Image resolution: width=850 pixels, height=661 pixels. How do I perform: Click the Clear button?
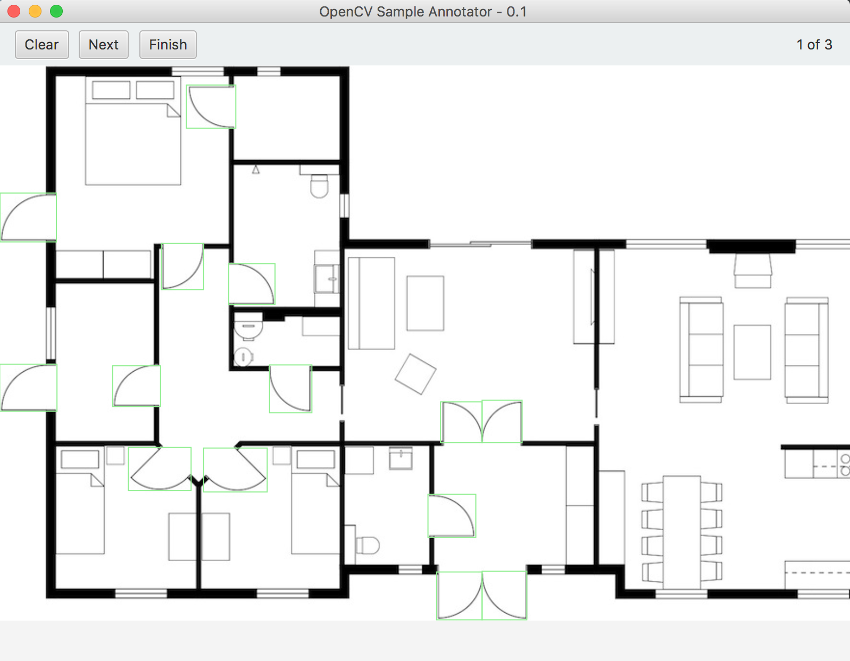coord(42,45)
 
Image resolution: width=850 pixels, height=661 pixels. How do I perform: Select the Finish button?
coord(168,45)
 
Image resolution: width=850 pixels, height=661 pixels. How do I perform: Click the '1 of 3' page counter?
coord(814,45)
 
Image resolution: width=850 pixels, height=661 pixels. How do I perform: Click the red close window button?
coord(14,11)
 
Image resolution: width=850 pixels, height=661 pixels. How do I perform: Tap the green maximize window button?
coord(56,11)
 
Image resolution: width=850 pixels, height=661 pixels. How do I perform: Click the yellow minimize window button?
coord(35,11)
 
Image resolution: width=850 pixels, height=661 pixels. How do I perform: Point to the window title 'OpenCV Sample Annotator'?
coord(405,12)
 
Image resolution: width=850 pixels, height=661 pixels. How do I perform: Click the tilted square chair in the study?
coord(415,374)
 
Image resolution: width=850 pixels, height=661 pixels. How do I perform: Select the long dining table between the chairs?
coord(682,532)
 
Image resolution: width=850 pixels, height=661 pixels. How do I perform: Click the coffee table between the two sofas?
coord(752,352)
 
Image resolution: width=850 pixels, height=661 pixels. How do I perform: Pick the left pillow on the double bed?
coord(111,90)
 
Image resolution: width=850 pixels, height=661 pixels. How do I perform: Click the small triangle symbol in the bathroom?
coord(256,170)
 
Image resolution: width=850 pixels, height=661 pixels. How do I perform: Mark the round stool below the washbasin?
coord(243,357)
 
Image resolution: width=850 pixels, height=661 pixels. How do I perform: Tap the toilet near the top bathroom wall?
coord(319,187)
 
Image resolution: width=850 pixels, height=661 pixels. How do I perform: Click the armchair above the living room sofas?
coord(753,271)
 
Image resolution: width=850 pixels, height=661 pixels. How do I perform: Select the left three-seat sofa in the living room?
coord(701,350)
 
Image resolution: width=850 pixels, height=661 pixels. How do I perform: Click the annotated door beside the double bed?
coord(211,106)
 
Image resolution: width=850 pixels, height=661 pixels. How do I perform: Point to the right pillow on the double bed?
coord(155,90)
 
